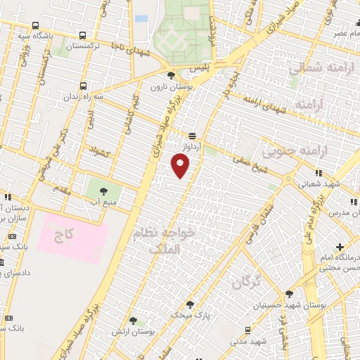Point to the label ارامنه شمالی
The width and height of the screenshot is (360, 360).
(314, 67)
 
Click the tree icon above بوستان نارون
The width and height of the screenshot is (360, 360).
(171, 76)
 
